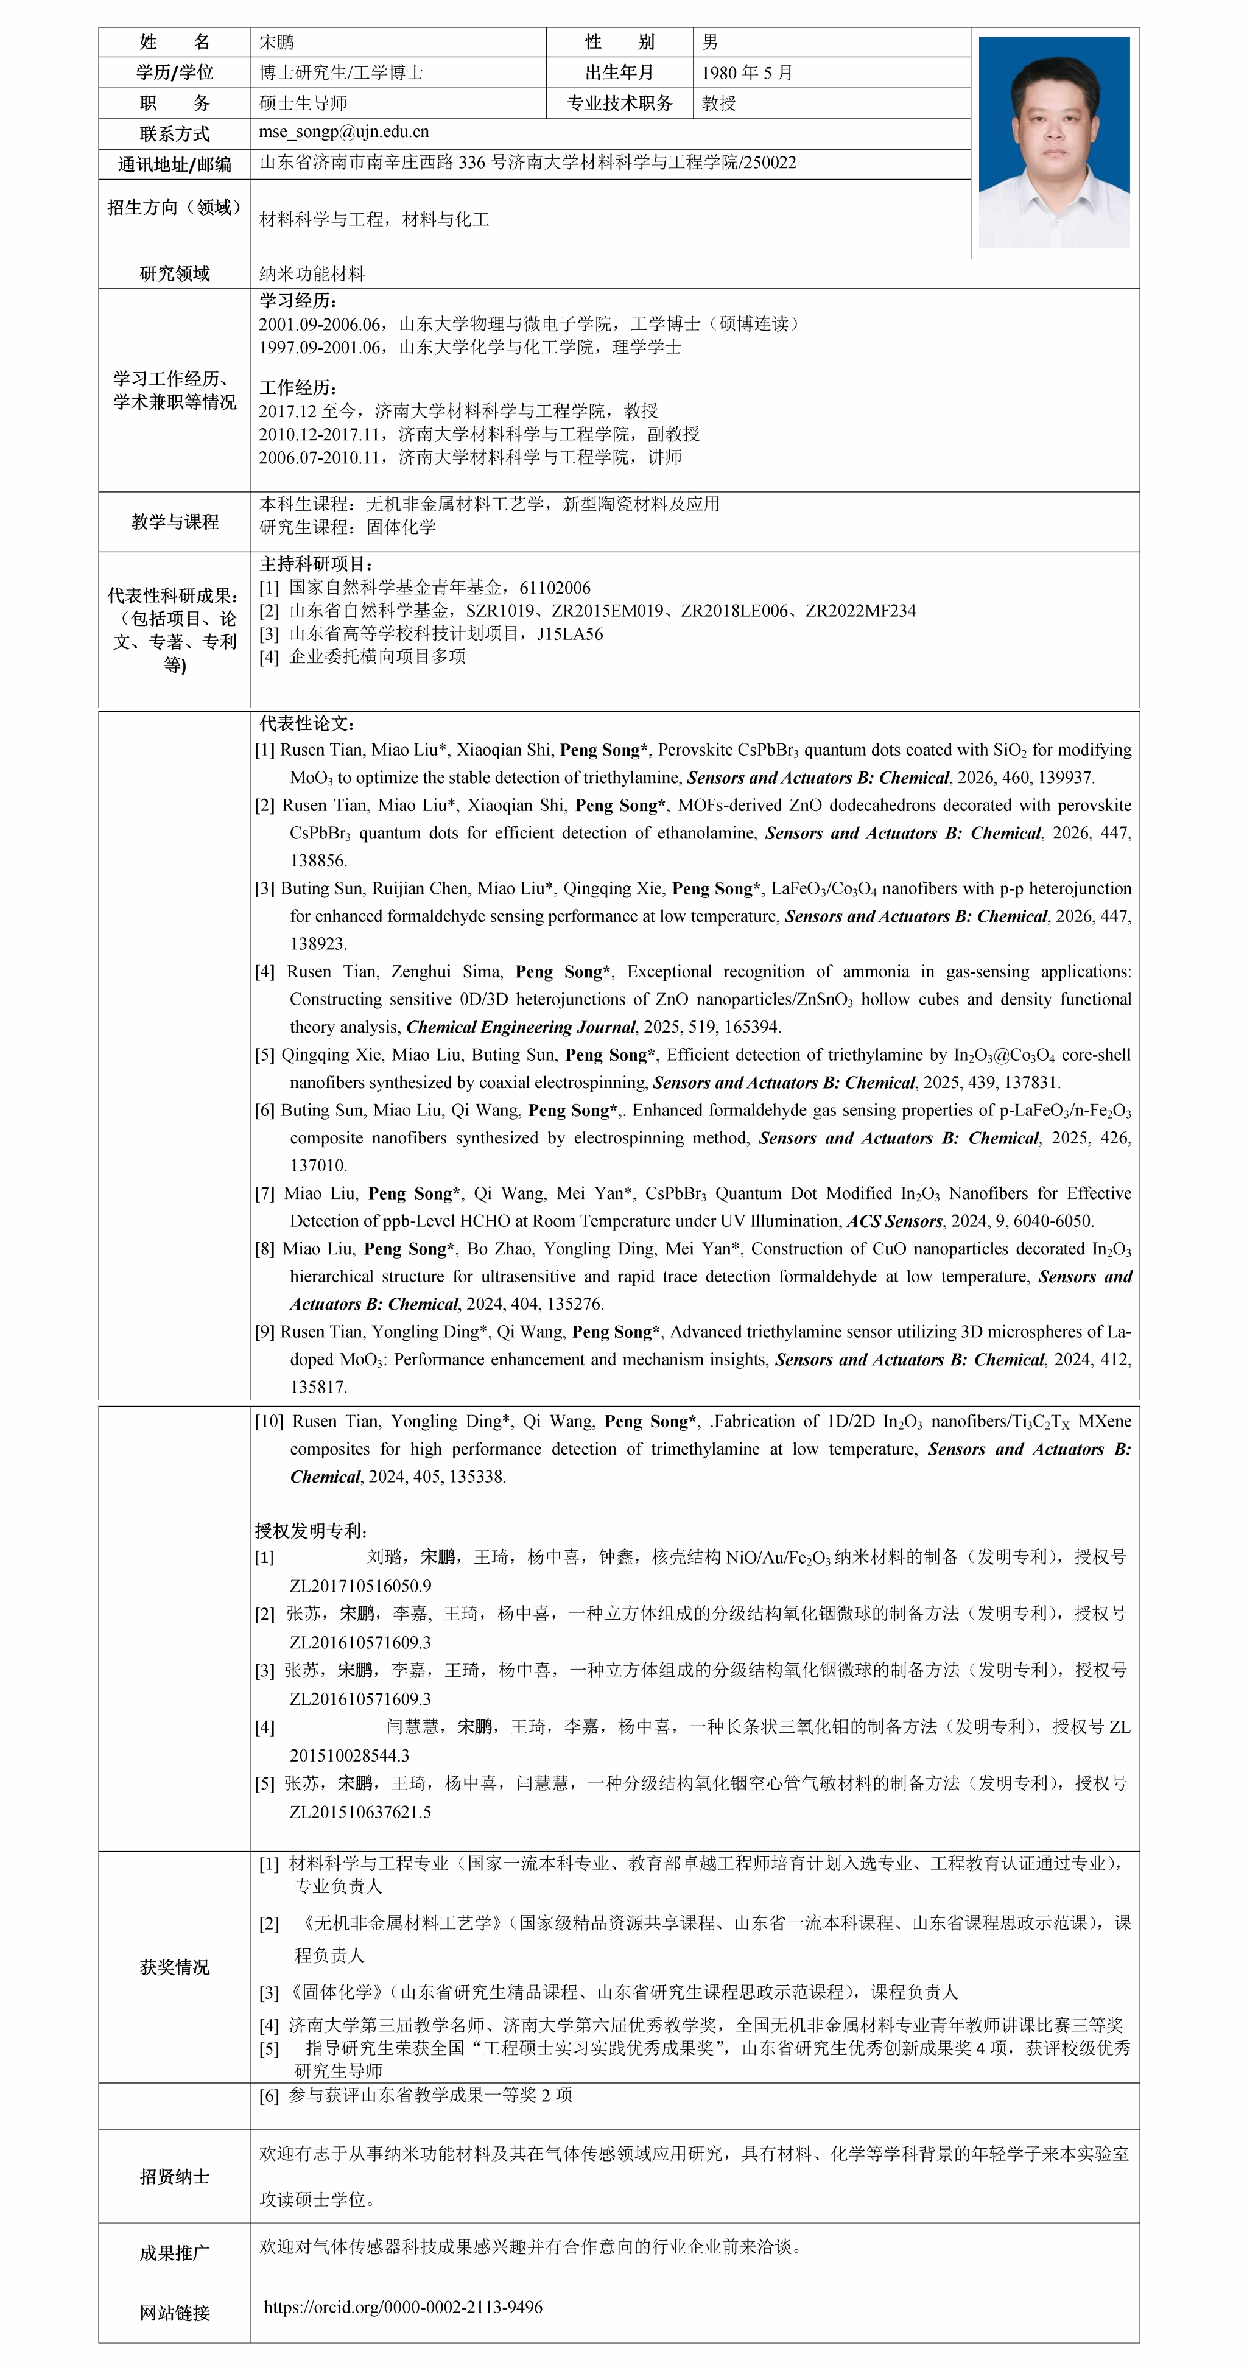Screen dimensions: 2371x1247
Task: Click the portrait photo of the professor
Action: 1054,142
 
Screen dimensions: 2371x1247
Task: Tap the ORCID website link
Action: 403,2306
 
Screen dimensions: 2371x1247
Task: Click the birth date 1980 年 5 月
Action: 746,72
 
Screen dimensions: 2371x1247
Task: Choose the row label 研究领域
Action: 175,273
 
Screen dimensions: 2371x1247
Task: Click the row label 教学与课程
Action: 175,522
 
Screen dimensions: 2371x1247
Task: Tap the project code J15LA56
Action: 570,633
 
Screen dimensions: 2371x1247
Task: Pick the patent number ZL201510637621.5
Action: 360,1811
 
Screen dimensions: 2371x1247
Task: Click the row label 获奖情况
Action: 175,1967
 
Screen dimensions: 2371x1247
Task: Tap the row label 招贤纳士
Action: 175,2176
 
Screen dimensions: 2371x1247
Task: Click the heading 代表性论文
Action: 306,723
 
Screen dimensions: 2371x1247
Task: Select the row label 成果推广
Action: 175,2252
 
